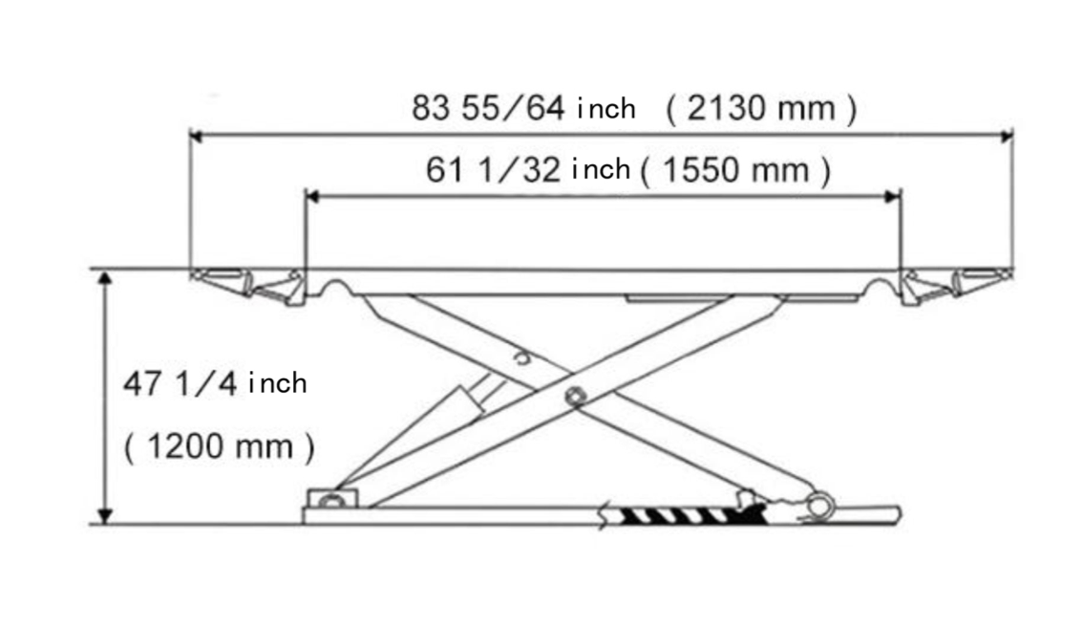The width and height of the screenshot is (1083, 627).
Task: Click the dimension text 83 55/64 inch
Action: [523, 108]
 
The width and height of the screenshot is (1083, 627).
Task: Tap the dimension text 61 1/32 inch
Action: [528, 171]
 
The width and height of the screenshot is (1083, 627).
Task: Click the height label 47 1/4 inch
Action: [215, 384]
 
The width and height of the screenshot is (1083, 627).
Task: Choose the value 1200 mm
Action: [219, 446]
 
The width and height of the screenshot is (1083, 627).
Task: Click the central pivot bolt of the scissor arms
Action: [573, 396]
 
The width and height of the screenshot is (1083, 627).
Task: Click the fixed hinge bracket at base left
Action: [329, 499]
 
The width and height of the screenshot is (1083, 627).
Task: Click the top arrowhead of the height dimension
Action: [105, 277]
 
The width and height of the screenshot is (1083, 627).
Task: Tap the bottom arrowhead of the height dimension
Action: [105, 516]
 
